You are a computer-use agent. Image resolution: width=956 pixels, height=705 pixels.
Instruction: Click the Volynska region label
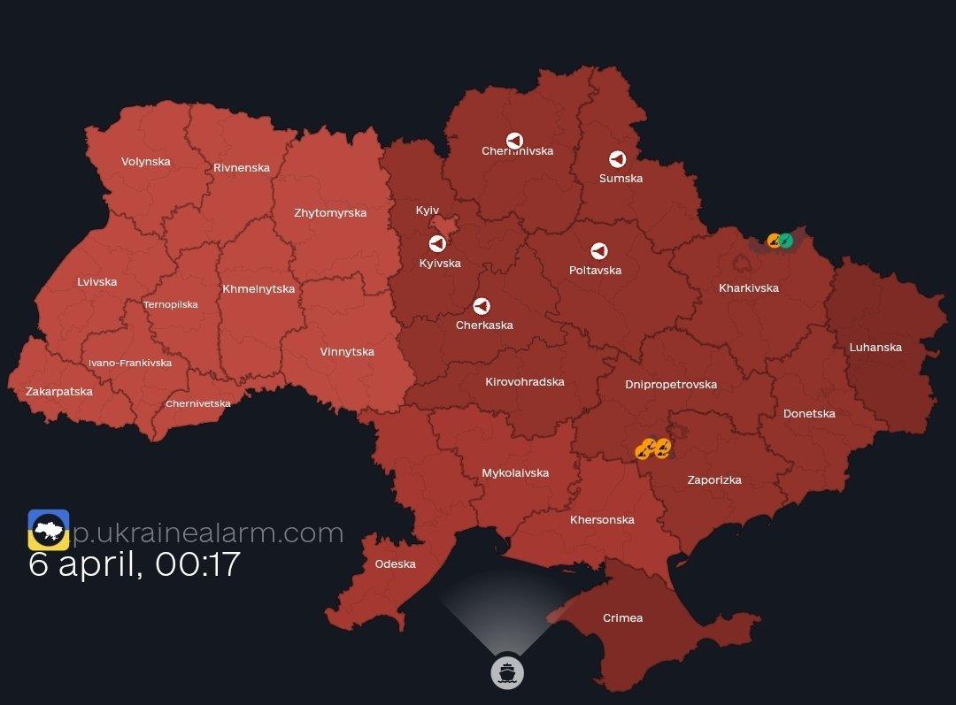[146, 162]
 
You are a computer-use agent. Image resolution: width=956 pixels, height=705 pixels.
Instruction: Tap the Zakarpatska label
[59, 391]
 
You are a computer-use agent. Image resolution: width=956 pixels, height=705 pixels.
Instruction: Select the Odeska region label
[395, 563]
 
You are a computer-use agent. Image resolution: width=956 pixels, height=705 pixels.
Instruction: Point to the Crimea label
[622, 617]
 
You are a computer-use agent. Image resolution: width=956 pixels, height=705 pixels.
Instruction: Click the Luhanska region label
[875, 347]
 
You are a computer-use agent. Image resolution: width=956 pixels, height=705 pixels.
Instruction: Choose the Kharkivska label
[749, 287]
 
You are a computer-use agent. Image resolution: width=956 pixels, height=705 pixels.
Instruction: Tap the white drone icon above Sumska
[618, 159]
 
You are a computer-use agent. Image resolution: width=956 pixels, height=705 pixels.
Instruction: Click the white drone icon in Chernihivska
[514, 141]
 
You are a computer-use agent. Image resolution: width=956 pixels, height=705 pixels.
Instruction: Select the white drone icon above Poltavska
[599, 250]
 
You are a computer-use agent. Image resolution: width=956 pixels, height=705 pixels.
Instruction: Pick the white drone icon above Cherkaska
[482, 306]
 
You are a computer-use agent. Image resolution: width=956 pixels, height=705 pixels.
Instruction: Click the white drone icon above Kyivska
[437, 243]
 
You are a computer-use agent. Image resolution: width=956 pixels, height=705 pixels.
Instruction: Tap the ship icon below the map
[507, 672]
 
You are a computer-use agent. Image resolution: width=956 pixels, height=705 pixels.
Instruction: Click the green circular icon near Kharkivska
[786, 240]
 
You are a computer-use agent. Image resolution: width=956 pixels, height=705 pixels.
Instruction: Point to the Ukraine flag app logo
[49, 529]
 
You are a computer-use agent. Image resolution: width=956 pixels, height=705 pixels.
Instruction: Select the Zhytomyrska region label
[330, 212]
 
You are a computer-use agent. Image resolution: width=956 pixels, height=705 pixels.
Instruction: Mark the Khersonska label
[602, 519]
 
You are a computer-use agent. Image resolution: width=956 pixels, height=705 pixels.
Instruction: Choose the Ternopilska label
[171, 304]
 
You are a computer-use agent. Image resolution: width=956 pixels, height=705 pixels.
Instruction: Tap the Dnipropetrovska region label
[671, 384]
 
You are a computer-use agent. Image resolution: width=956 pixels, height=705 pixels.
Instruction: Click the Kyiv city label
[428, 210]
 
